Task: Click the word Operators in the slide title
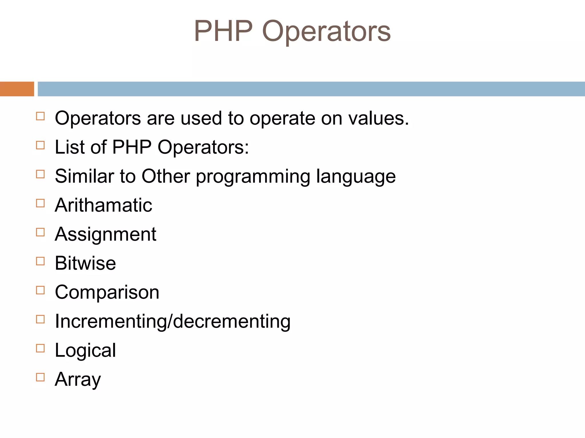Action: point(326,31)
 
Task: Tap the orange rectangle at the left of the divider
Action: point(17,89)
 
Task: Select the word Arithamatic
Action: point(103,205)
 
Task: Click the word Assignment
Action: point(105,234)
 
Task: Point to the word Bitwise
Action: point(85,263)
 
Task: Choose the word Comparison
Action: point(107,292)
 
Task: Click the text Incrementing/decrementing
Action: point(173,321)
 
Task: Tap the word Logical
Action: point(85,350)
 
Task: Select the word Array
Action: point(78,379)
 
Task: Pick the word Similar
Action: point(84,176)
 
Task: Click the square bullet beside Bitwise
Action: point(41,261)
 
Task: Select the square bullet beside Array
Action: point(41,377)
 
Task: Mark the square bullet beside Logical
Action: point(41,348)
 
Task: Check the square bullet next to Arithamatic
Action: point(41,203)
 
